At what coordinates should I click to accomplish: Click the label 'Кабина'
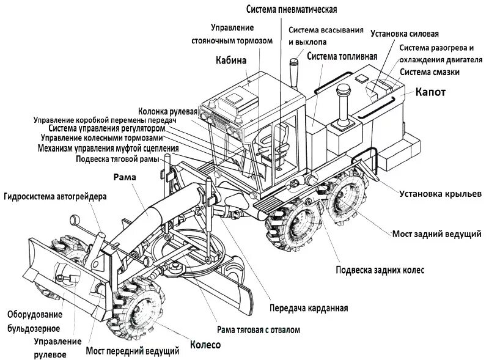(231, 60)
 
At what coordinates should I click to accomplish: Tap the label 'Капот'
(431, 93)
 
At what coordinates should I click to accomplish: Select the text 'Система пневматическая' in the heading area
(292, 9)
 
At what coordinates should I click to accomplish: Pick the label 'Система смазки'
(430, 72)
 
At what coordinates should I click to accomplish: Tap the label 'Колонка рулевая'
(167, 112)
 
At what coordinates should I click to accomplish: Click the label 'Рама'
(124, 177)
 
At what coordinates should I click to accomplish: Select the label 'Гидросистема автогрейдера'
(55, 197)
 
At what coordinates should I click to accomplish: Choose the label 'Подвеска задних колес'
(380, 270)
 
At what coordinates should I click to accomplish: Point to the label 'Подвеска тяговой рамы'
(117, 159)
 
